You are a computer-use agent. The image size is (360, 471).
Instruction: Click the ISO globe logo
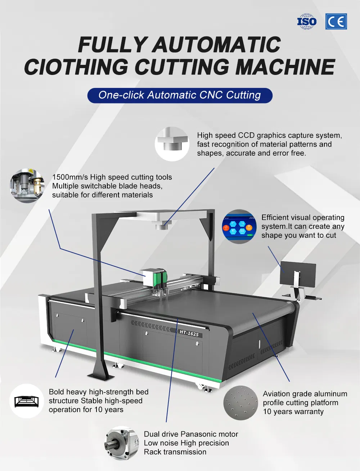[306, 22]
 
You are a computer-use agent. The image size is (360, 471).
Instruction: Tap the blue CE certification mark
[336, 22]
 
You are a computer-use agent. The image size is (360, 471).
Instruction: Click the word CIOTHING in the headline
[76, 67]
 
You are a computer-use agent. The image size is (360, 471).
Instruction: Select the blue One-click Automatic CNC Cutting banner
[180, 95]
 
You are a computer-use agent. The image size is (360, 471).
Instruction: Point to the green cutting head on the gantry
[158, 279]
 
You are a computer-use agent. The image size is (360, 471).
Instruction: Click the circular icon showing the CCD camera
[172, 144]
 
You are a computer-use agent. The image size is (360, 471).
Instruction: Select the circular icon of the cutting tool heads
[27, 186]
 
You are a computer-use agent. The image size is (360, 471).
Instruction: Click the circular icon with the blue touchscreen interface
[239, 227]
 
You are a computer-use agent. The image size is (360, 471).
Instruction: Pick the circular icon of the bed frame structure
[26, 401]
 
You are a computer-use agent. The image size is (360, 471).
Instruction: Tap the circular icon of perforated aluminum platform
[240, 403]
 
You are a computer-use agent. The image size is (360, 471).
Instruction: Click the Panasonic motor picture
[122, 443]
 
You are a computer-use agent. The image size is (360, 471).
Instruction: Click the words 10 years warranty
[293, 412]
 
